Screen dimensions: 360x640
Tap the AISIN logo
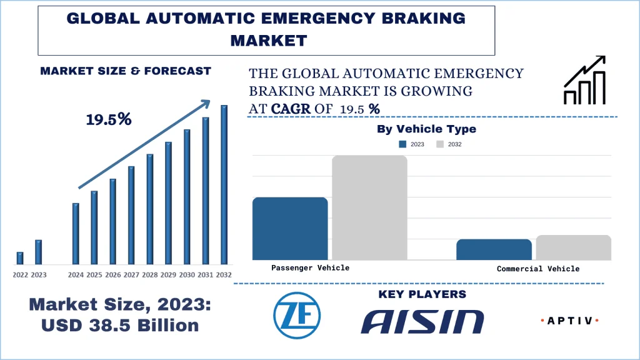422,321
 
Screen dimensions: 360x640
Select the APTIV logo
569,321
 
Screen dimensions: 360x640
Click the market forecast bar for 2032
224,184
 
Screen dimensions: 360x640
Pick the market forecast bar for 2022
20,257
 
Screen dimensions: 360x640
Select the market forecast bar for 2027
131,215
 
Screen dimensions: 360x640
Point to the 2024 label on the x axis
76,275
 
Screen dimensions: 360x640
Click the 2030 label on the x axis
187,275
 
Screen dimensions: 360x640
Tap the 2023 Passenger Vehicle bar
289,228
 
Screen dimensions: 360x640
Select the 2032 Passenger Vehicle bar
369,207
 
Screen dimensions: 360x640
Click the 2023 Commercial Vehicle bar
494,249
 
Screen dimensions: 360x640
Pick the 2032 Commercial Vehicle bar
573,247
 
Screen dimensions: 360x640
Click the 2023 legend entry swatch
403,144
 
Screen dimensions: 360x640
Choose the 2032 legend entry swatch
440,144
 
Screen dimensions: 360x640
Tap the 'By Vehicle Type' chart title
426,129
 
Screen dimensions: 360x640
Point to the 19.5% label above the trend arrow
109,119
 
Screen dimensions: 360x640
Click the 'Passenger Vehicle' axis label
310,267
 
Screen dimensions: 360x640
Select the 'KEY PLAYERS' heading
422,294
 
